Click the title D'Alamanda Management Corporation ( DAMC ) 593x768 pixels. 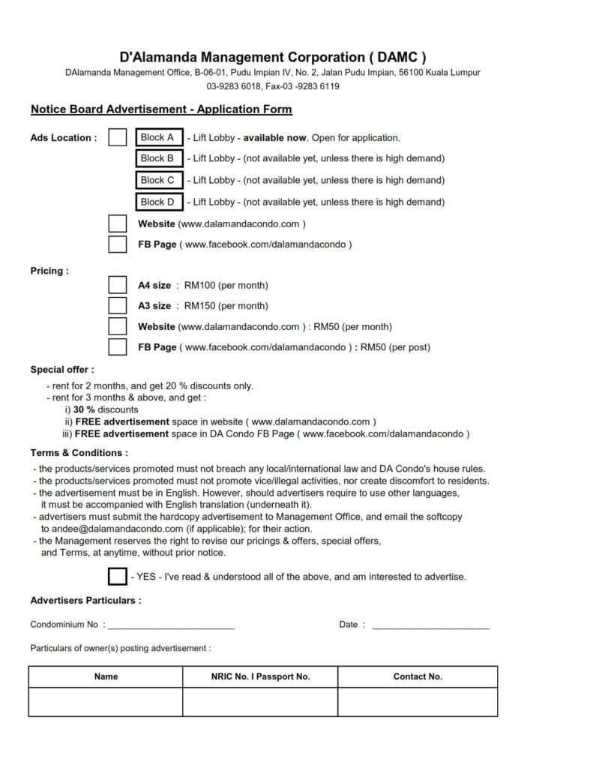(x=273, y=57)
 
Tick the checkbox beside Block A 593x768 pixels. (x=118, y=137)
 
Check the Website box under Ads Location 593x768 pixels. (x=118, y=223)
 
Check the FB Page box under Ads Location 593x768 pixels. (x=118, y=244)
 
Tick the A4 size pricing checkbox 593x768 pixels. (x=118, y=285)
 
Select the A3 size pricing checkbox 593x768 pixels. (x=118, y=305)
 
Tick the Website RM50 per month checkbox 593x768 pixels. (x=118, y=326)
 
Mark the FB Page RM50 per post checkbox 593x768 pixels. (x=118, y=347)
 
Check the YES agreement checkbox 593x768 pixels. (x=118, y=577)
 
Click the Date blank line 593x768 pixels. (x=430, y=625)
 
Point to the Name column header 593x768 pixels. (x=106, y=676)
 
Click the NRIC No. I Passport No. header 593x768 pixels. (x=260, y=676)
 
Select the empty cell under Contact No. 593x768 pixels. (x=418, y=702)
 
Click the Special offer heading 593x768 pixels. (x=62, y=370)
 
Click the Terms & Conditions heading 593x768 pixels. (x=79, y=453)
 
